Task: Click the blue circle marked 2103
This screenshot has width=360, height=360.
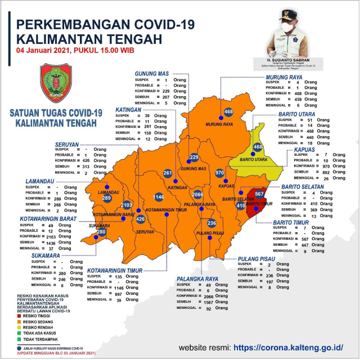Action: (x=127, y=205)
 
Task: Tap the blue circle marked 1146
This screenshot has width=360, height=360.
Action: (x=159, y=197)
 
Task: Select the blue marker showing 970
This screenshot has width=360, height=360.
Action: (x=220, y=173)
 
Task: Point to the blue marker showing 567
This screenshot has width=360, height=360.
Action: (x=259, y=193)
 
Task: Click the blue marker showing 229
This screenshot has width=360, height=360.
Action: (x=194, y=157)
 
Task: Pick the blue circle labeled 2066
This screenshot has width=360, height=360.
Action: (x=197, y=195)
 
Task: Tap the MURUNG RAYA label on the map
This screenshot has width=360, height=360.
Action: (x=219, y=124)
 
